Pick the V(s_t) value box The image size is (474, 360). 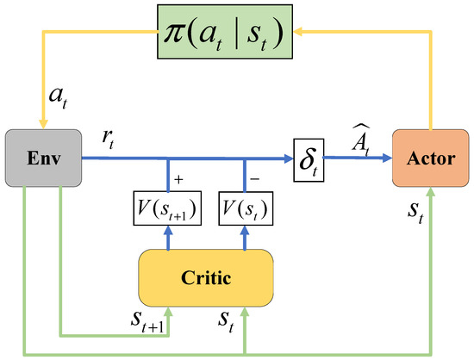coord(245,207)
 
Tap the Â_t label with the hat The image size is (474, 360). coord(361,138)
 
